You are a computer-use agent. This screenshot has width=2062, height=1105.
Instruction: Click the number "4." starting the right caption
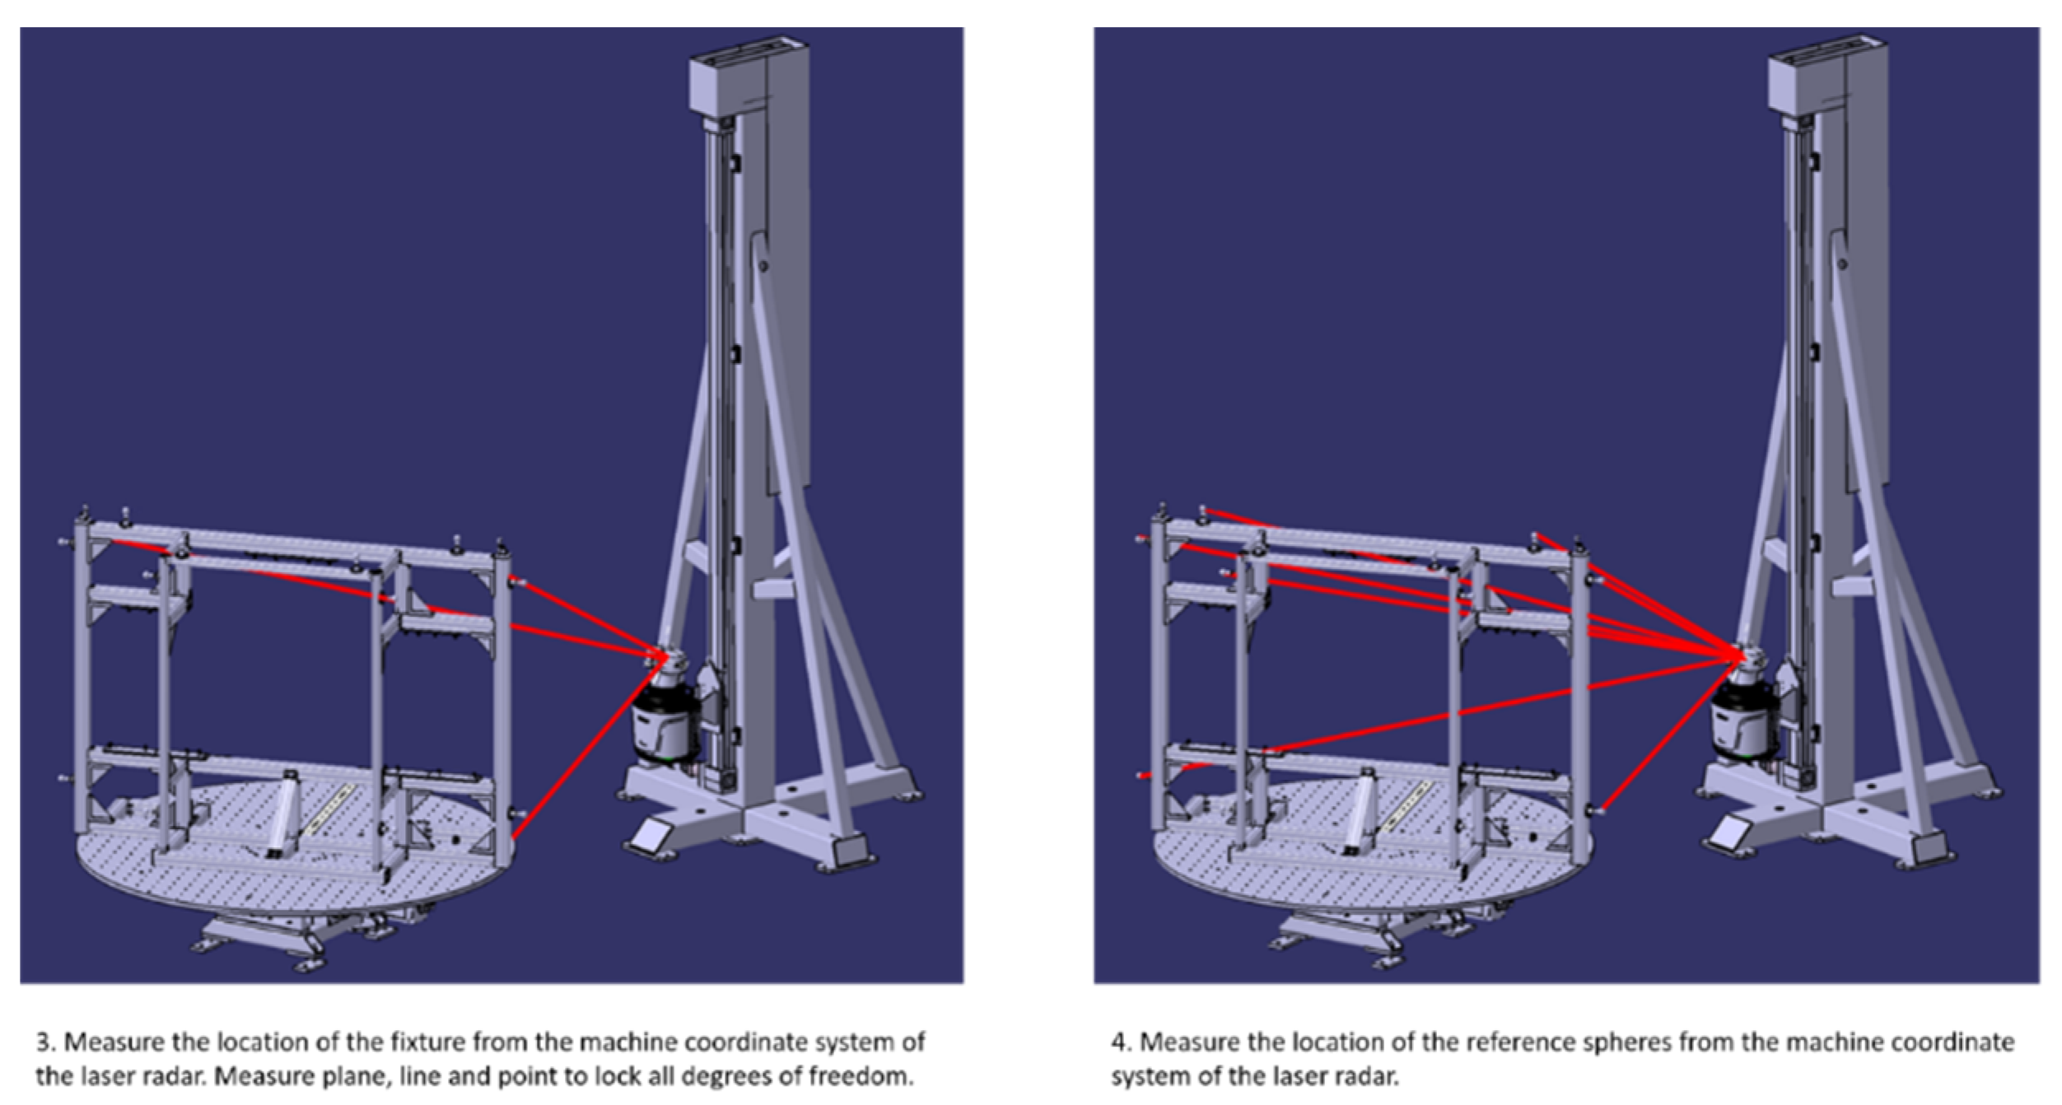pyautogui.click(x=1121, y=1042)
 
